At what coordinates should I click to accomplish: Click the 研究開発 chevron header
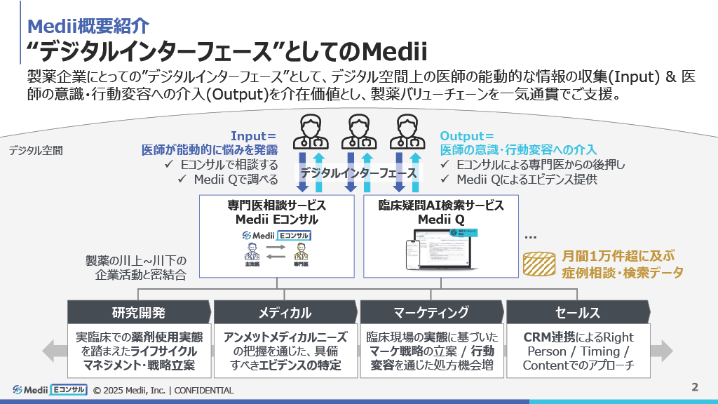click(139, 312)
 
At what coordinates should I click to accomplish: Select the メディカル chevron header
click(285, 312)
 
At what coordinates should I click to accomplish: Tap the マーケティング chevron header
click(431, 312)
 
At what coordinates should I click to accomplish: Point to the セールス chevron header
click(577, 312)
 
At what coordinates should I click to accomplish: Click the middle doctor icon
click(358, 131)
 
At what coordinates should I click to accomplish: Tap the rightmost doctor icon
click(407, 131)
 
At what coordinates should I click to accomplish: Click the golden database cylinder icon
click(540, 264)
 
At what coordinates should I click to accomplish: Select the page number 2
click(695, 386)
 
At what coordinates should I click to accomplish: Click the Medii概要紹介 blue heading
click(88, 26)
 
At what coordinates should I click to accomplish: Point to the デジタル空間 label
click(36, 150)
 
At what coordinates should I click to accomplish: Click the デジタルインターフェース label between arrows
click(358, 173)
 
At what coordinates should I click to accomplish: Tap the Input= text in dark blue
click(254, 135)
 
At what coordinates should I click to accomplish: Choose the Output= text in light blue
click(467, 135)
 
